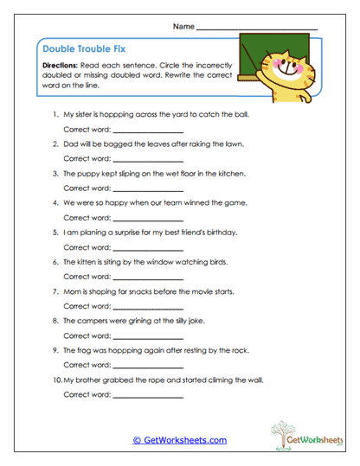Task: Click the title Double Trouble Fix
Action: (84, 49)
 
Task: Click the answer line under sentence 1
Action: (148, 131)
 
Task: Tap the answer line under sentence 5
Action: (148, 249)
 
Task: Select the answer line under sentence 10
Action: (148, 397)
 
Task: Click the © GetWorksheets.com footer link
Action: (179, 440)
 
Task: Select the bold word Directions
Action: (60, 66)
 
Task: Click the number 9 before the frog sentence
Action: (55, 350)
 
